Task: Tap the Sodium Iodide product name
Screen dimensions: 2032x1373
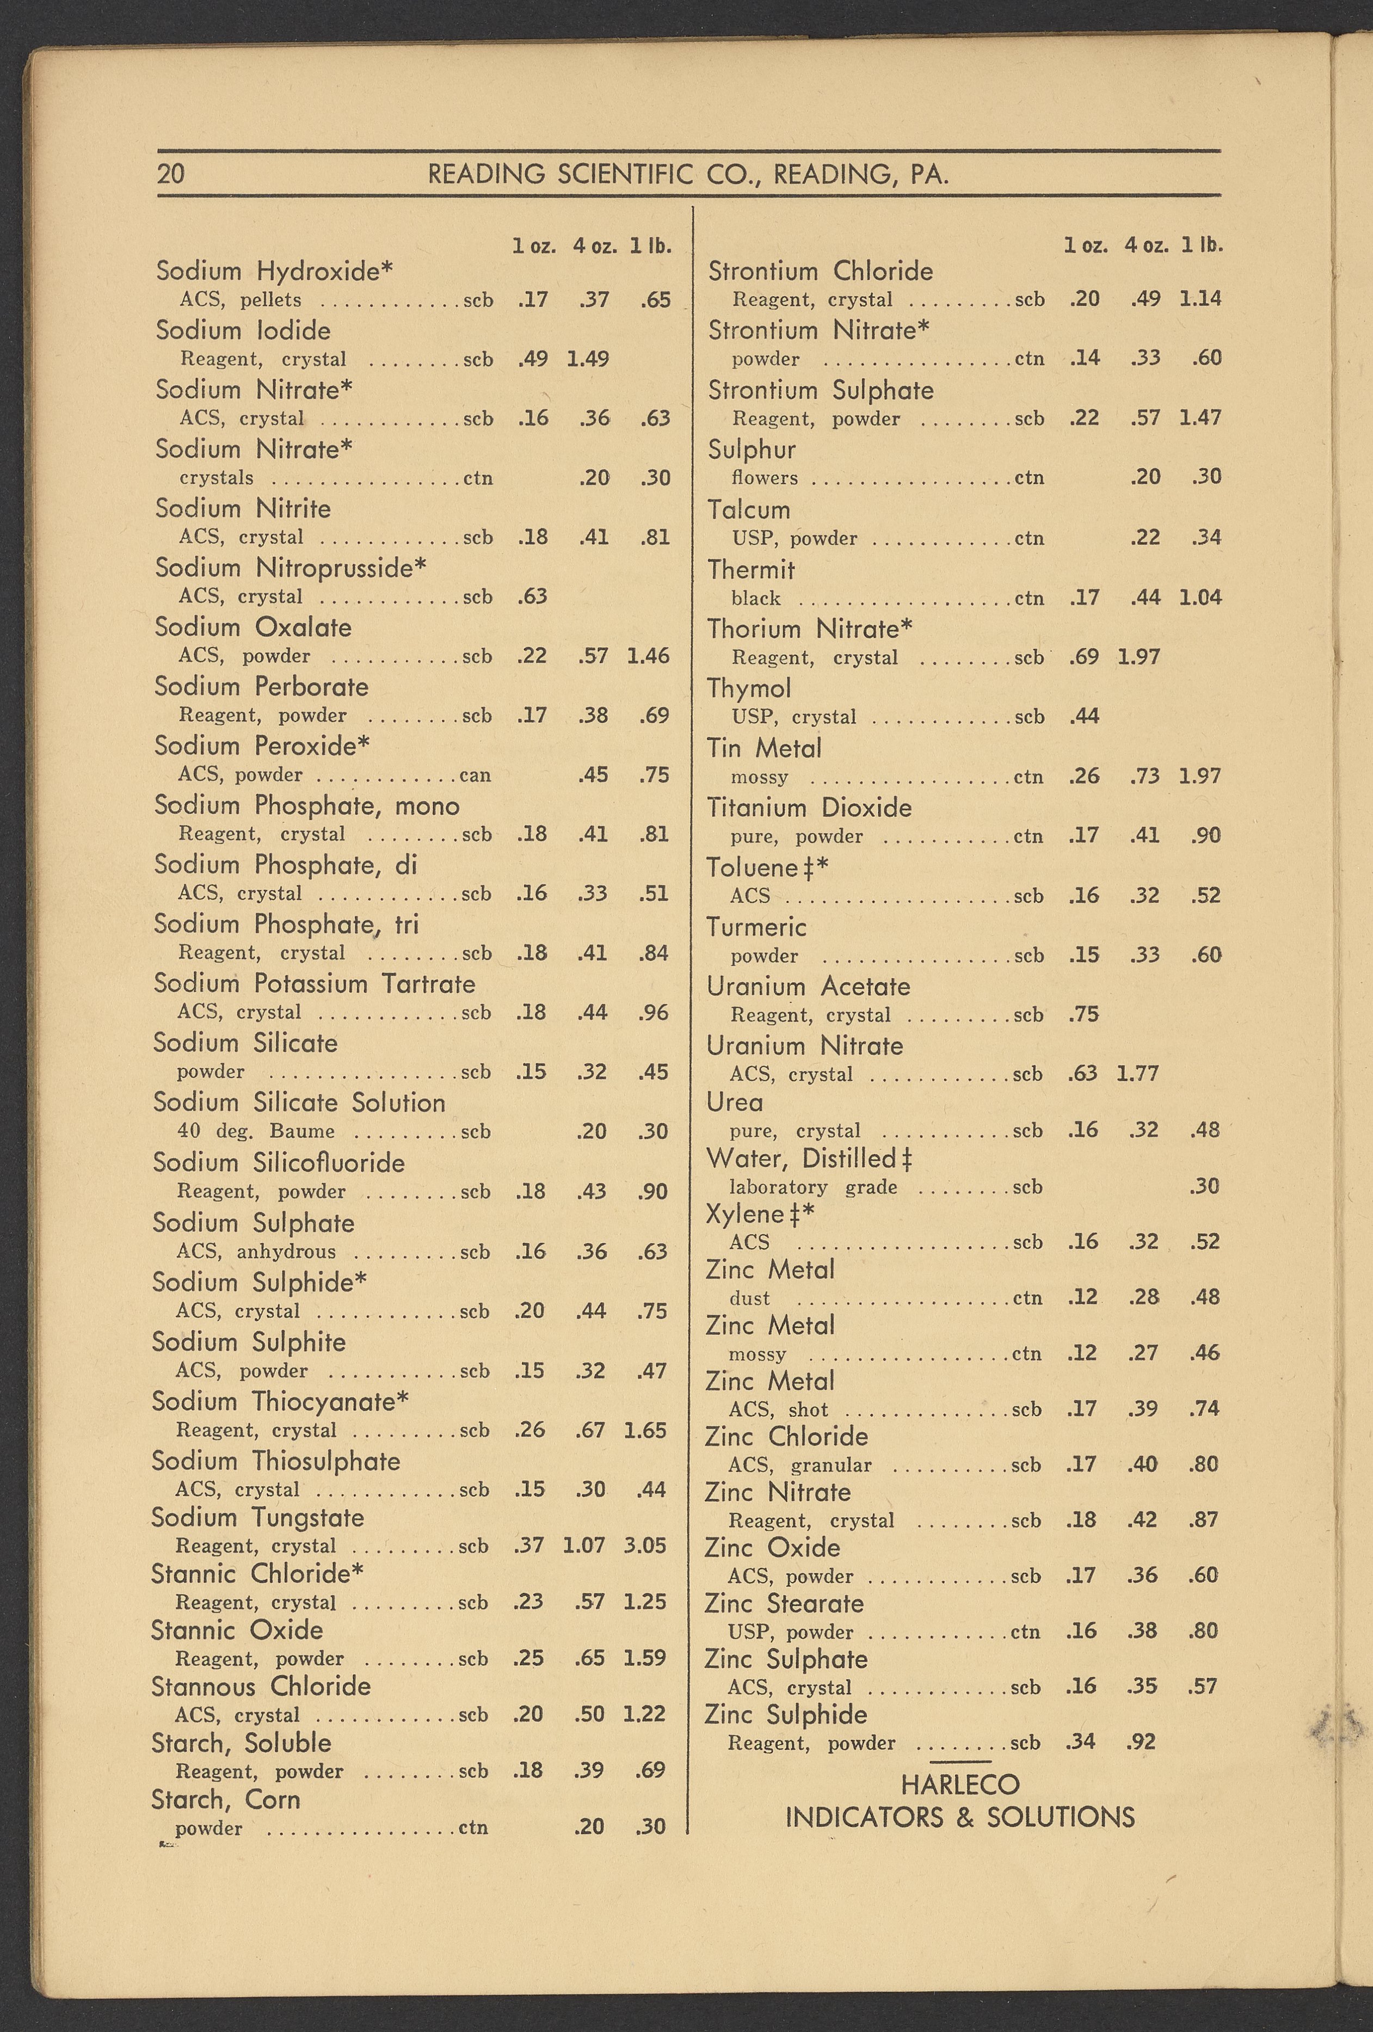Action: pos(243,330)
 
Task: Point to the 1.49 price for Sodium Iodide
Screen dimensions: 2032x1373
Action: pos(588,359)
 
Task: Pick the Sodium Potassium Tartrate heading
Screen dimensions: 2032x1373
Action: pos(314,984)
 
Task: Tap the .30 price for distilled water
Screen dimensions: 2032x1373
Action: pos(1204,1186)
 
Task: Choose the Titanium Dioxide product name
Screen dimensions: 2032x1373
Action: pos(809,807)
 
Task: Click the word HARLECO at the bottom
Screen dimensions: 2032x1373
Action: pos(959,1784)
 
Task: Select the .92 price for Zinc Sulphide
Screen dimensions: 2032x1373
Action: pos(1141,1742)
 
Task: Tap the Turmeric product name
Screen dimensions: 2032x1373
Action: pos(756,927)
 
